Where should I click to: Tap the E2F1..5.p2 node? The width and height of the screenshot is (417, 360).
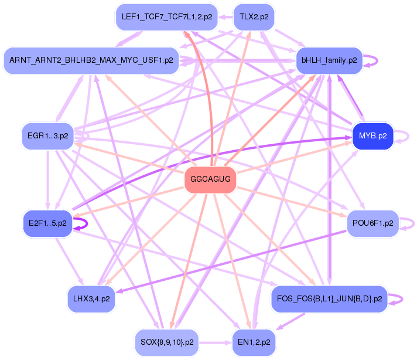click(47, 223)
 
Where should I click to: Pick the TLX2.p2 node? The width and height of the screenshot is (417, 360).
click(254, 17)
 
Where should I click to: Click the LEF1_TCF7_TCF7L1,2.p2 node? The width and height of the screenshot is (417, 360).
click(166, 17)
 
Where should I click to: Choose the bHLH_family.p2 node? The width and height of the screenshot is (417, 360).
click(329, 60)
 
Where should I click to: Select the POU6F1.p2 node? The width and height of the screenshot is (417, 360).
click(372, 223)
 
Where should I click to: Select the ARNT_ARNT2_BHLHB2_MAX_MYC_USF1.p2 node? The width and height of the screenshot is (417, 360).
click(91, 60)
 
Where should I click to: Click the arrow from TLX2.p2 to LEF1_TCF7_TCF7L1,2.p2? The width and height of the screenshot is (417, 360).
click(225, 17)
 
